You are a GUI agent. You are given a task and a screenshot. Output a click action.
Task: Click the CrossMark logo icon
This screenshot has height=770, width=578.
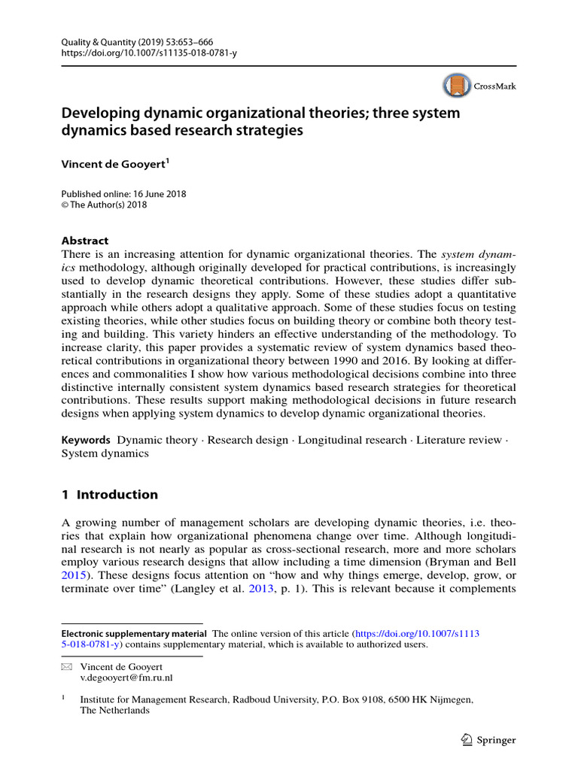pyautogui.click(x=456, y=86)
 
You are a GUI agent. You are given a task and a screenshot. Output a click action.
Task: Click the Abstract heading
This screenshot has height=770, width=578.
pyautogui.click(x=84, y=241)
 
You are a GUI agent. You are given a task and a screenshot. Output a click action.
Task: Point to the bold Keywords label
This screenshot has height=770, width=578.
pyautogui.click(x=86, y=439)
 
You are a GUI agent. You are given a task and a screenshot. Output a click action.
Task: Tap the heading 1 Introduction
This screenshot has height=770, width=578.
pyautogui.click(x=110, y=495)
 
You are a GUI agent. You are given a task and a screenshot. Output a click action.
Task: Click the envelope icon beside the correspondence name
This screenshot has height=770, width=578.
pyautogui.click(x=65, y=666)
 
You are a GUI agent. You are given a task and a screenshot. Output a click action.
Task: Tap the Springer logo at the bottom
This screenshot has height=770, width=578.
pyautogui.click(x=488, y=740)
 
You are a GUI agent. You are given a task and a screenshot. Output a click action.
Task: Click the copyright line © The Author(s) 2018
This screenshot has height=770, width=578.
pyautogui.click(x=104, y=205)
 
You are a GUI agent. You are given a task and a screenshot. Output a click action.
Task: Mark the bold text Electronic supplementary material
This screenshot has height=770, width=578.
pyautogui.click(x=134, y=633)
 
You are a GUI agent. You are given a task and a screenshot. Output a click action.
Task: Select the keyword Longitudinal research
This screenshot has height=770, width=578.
pyautogui.click(x=351, y=439)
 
